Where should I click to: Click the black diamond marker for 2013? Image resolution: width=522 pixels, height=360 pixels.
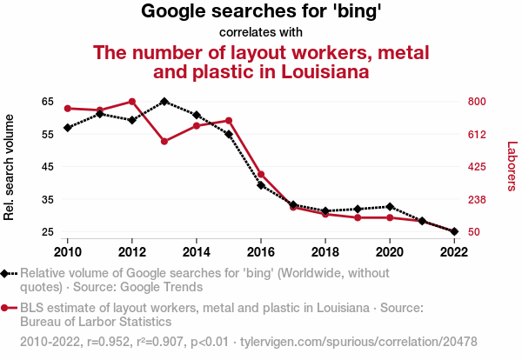[x=164, y=101]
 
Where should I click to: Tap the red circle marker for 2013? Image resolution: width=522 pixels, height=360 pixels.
[x=164, y=141]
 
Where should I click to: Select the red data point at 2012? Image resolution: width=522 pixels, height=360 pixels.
[x=132, y=102]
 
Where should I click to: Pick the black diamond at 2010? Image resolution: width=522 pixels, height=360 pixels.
[x=67, y=128]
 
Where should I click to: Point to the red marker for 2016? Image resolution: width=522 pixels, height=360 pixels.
[x=261, y=175]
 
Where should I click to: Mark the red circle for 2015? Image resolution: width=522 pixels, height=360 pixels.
[x=229, y=120]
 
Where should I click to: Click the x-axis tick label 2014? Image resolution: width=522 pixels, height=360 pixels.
[x=197, y=251]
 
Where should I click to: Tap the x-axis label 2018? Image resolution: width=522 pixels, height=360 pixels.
[x=325, y=251]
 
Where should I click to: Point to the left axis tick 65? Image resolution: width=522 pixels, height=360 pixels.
[x=47, y=101]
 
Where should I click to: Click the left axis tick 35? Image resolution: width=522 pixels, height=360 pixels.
[x=47, y=199]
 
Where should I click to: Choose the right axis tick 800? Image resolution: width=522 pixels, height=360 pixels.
[x=478, y=101]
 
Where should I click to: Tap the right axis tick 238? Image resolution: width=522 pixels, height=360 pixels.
[x=478, y=199]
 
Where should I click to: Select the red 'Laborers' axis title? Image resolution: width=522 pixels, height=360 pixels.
[x=512, y=167]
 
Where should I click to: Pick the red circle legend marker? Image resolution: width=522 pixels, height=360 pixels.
[x=6, y=308]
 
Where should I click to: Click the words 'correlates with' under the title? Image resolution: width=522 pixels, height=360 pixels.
[x=261, y=32]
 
